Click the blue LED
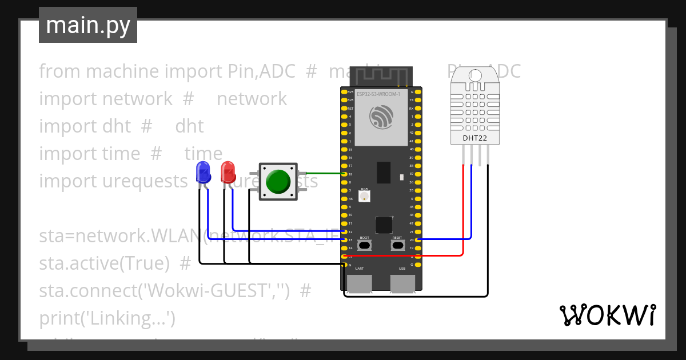(202, 171)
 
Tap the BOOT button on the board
(364, 245)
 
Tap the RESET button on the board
(397, 245)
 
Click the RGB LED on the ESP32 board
(364, 197)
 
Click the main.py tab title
(87, 25)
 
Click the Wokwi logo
(607, 315)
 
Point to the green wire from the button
(323, 173)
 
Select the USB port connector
(402, 283)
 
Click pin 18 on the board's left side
(344, 174)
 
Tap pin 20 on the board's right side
(419, 239)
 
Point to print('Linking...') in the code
(107, 318)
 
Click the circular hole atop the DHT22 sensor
(474, 75)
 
